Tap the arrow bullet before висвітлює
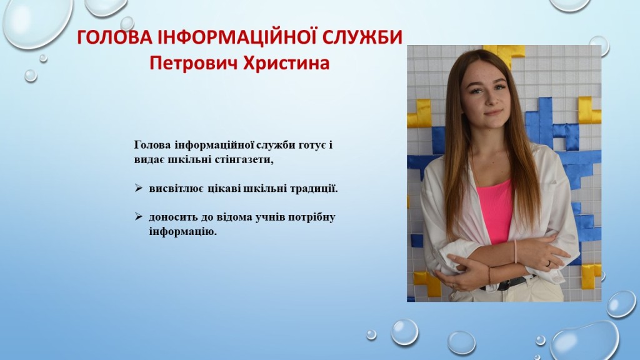138,188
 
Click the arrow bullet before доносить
138,216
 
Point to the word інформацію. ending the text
182,232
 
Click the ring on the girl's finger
548,264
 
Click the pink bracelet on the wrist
516,251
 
